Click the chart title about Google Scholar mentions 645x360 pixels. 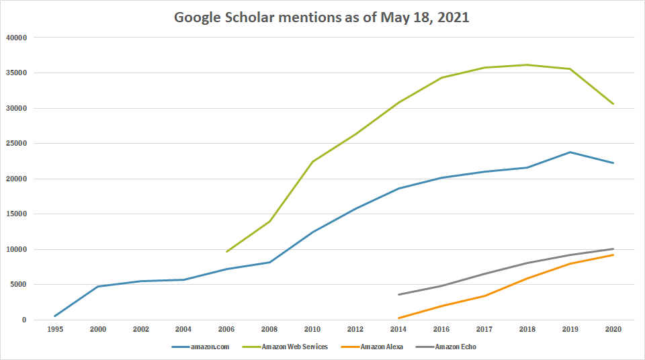click(321, 18)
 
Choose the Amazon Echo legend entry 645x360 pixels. click(456, 347)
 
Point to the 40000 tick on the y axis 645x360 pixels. click(15, 38)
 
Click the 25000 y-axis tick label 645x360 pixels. click(15, 144)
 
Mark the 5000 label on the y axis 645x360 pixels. click(17, 285)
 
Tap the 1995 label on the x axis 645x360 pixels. click(54, 330)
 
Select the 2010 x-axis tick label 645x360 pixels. click(312, 330)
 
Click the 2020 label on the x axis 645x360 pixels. click(613, 330)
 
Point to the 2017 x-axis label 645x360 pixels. click(484, 330)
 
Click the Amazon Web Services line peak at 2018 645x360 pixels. click(527, 65)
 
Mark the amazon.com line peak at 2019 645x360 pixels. click(570, 152)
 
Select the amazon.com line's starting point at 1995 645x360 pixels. click(54, 316)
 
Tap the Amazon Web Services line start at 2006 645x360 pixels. click(226, 252)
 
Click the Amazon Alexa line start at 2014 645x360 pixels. click(398, 318)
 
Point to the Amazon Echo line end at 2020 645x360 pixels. click(613, 249)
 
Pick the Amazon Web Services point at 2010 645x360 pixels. click(312, 161)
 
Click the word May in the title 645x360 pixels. click(392, 18)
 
